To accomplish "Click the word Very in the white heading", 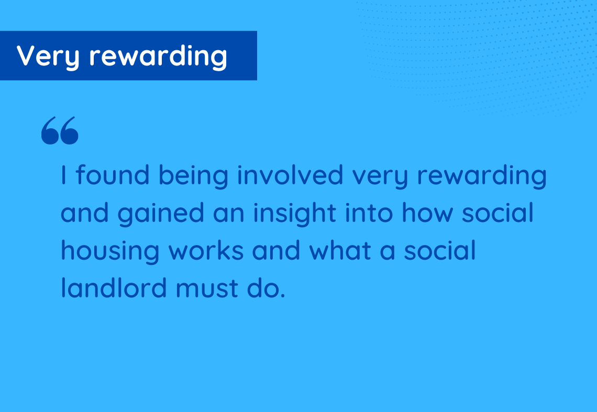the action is [x=48, y=57].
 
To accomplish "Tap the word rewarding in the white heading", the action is [x=158, y=57].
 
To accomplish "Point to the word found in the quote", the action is [x=112, y=175].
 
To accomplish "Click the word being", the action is [x=193, y=176].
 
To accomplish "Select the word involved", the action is [x=290, y=175].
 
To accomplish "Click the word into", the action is [x=369, y=213].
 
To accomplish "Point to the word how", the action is [x=427, y=213].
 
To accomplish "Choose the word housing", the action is [x=110, y=252].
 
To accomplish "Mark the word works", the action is [x=206, y=250].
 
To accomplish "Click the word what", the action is [x=340, y=250].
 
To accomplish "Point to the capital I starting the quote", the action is [x=63, y=175].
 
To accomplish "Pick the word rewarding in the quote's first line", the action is [x=482, y=176].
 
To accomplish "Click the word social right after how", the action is [x=497, y=213].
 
